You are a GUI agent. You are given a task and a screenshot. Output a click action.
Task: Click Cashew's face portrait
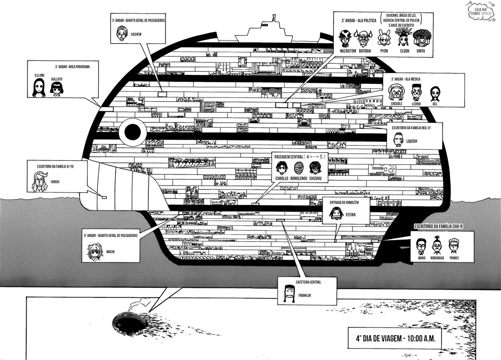click(122, 33)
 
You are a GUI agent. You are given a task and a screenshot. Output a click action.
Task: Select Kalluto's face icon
click(56, 88)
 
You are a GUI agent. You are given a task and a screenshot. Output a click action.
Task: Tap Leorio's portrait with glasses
click(416, 93)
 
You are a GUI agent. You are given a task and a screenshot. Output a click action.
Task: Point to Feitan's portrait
click(337, 213)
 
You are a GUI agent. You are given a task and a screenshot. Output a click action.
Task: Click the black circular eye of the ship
click(132, 131)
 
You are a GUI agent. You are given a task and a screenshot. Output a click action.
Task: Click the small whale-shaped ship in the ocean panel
click(129, 319)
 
